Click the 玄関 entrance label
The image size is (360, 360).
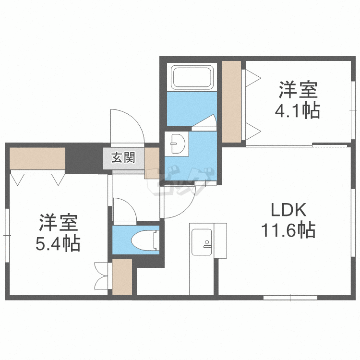pos(123,157)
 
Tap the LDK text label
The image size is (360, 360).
pos(288,210)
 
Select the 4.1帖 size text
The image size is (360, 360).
pos(298,110)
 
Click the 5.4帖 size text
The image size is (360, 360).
pos(58,243)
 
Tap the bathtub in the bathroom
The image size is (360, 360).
pos(192,77)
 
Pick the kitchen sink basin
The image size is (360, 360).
pos(202,242)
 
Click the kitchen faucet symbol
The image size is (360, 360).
pos(207,244)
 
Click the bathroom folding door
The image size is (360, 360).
pos(204,121)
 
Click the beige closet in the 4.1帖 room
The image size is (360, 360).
pos(231,101)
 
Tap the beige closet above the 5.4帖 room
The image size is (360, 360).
pos(37,158)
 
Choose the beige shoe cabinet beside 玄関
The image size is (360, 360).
pos(152,163)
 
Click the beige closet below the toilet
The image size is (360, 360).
pos(122,277)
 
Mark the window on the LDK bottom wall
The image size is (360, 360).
pos(290,298)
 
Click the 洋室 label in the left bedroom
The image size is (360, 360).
pos(59,223)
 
